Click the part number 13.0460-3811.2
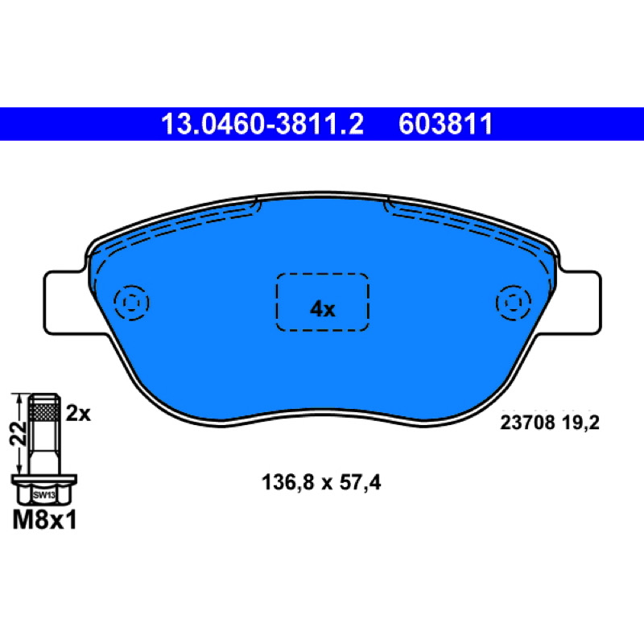point(262,124)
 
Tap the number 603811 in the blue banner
point(446,124)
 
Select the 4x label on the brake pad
point(323,309)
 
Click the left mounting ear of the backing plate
point(66,303)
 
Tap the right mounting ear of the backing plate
point(579,303)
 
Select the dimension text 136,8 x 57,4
point(321,482)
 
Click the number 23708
point(527,422)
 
